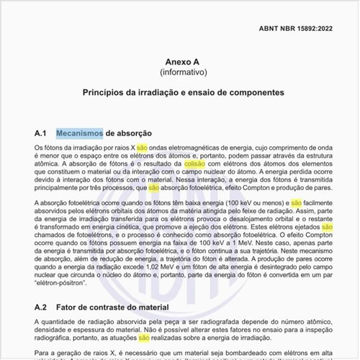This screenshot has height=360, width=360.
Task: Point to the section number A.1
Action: [40, 133]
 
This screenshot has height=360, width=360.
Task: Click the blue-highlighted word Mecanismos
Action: [79, 133]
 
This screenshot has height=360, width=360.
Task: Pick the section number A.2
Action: [40, 306]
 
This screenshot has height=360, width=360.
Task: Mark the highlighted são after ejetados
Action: [326, 226]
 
